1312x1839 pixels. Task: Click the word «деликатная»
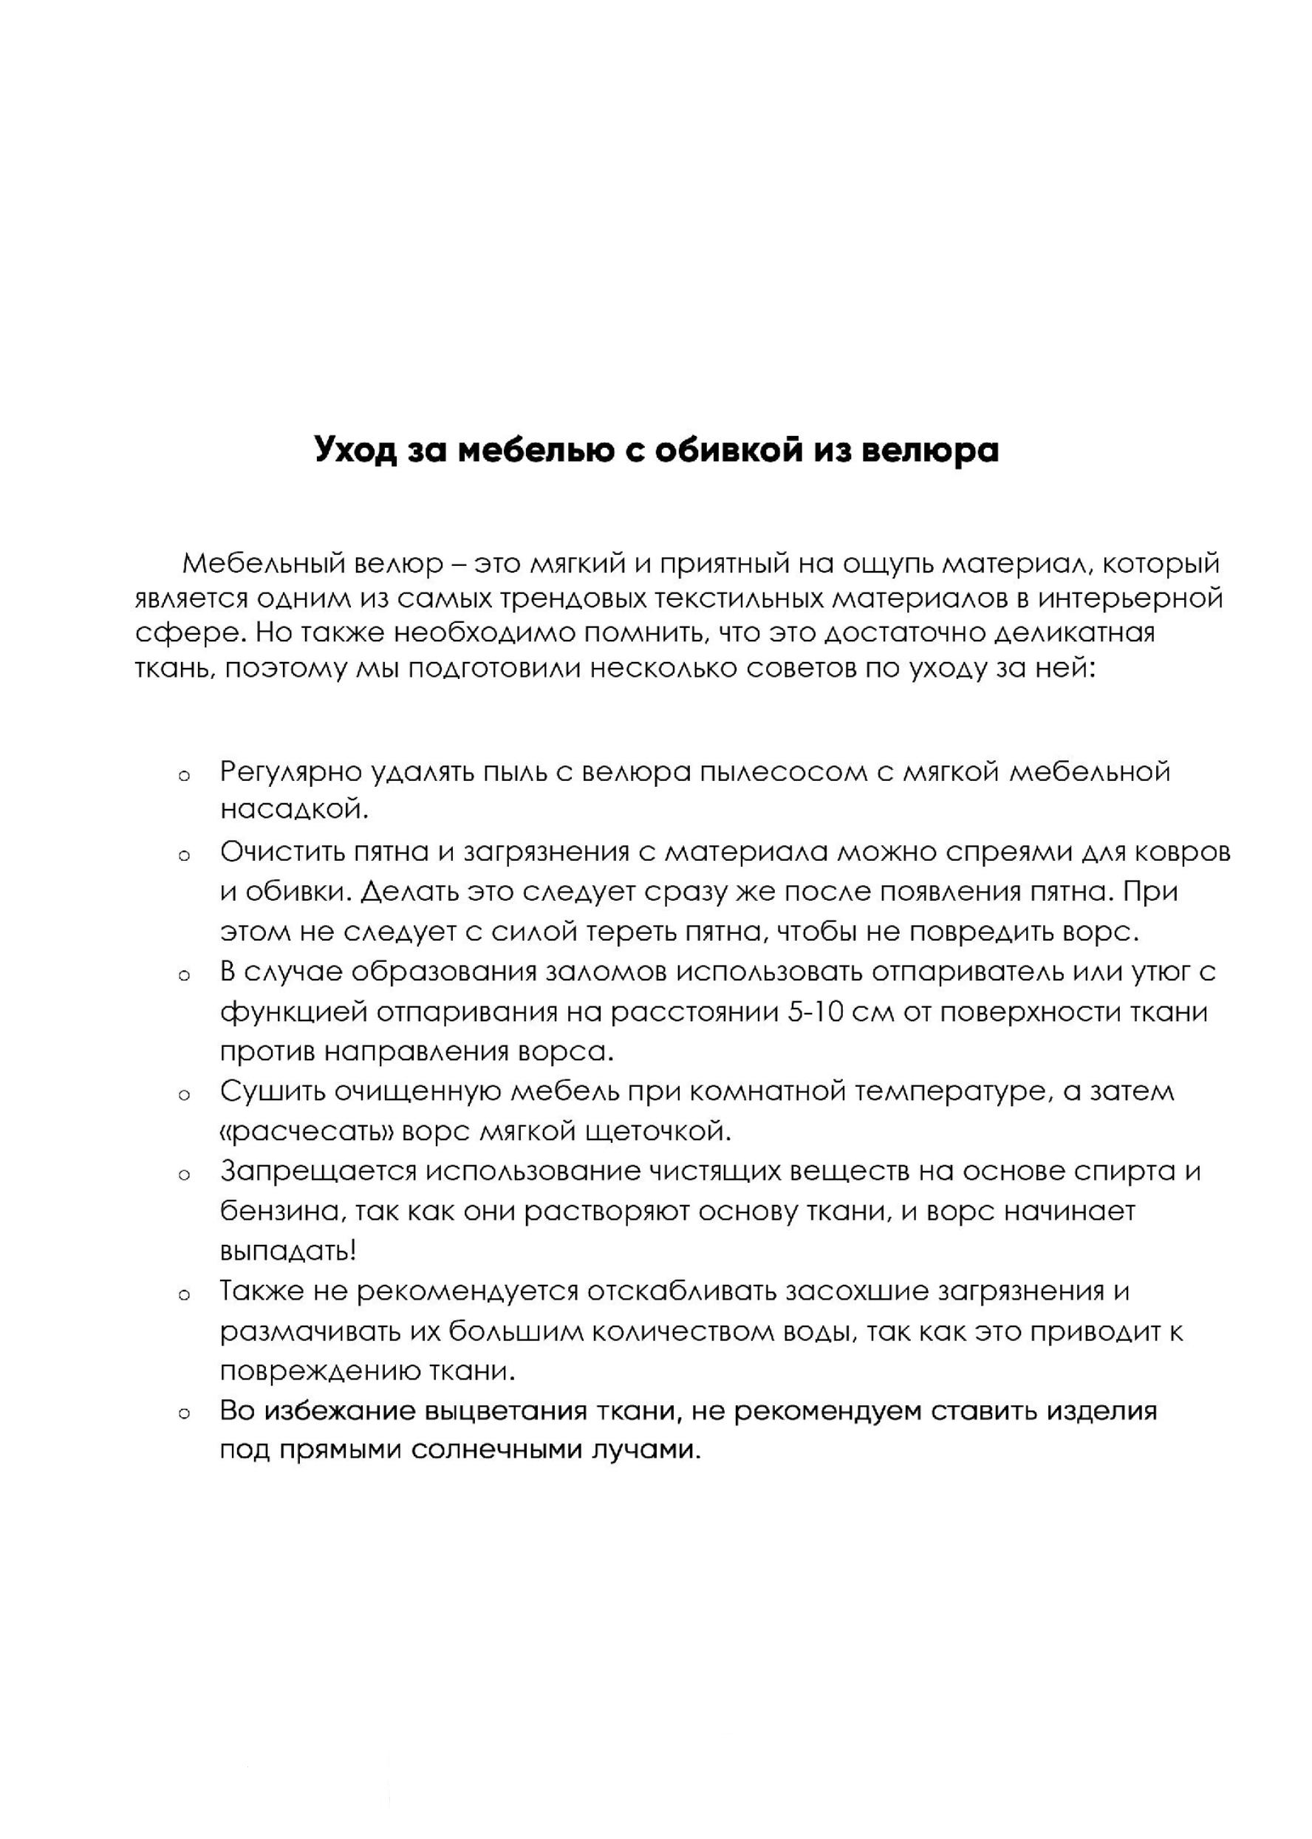coord(1072,632)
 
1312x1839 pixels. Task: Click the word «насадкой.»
coord(294,809)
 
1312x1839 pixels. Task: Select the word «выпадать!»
coord(288,1251)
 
